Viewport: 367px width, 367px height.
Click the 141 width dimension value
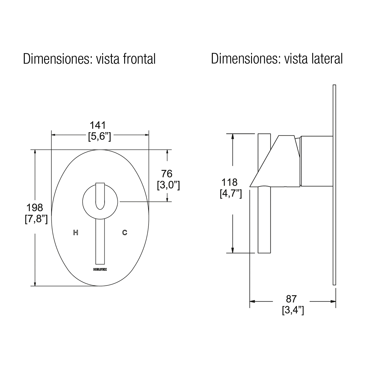coord(98,125)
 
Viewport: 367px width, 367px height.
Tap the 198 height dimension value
coord(35,208)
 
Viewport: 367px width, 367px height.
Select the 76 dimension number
coord(167,174)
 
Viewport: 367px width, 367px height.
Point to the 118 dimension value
coord(229,183)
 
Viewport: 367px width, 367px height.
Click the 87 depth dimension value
coord(291,299)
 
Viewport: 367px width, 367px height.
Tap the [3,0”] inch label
coord(168,185)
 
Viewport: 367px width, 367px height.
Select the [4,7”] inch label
coord(231,194)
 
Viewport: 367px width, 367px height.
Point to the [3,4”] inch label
coord(293,310)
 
